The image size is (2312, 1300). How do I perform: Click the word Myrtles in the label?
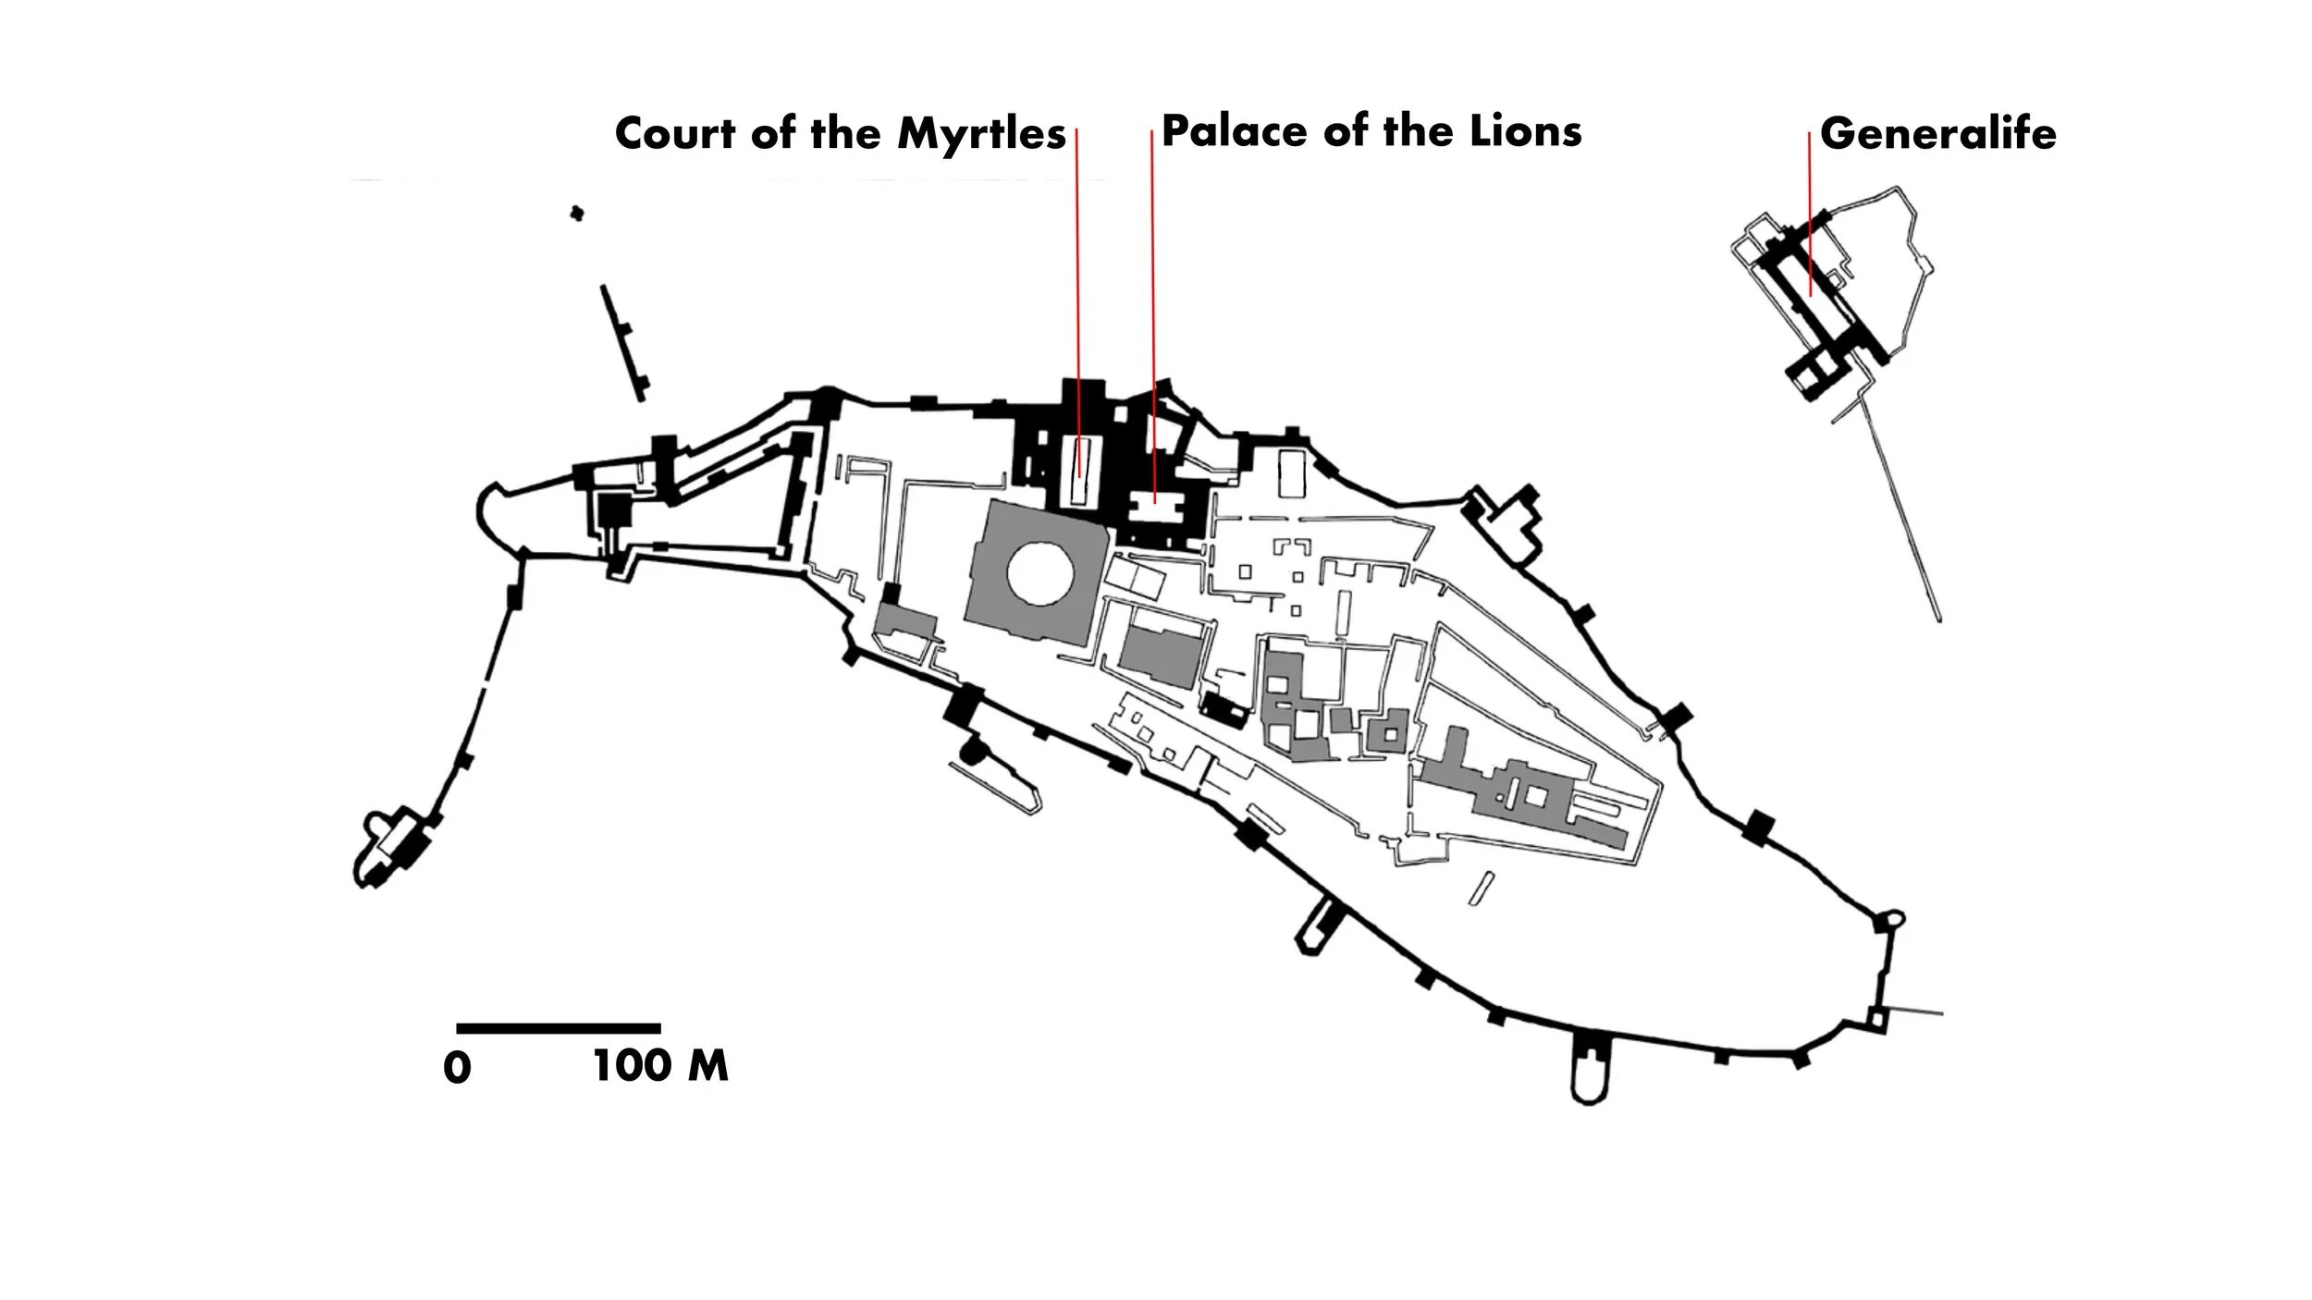tap(981, 135)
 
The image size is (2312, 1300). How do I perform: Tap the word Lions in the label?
tap(1526, 131)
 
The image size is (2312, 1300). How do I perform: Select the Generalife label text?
tap(1937, 134)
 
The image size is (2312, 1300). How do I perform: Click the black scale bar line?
tap(559, 1028)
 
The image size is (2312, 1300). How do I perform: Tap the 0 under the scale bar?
tap(457, 1069)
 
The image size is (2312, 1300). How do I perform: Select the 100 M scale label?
tap(660, 1066)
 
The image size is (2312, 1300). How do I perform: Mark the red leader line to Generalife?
tap(1810, 213)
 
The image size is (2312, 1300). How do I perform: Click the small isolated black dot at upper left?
tap(577, 214)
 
